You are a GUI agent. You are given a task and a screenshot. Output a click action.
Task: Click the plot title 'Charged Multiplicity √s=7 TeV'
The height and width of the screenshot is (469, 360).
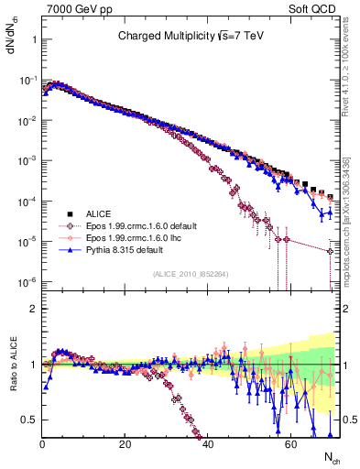[x=191, y=37]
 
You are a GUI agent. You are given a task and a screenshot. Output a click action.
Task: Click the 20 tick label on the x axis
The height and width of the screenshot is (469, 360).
[x=125, y=443]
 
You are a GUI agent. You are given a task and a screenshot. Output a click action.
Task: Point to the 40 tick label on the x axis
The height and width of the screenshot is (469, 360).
[x=207, y=443]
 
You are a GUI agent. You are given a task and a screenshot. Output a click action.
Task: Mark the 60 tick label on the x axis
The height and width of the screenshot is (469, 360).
[x=289, y=443]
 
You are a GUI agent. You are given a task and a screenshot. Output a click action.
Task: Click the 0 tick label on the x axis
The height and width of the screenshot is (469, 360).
[x=42, y=443]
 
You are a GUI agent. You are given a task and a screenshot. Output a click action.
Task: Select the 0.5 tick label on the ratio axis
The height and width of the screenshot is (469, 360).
[x=28, y=420]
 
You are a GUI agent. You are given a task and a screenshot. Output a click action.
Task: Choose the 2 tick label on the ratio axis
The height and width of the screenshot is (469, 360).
[x=33, y=310]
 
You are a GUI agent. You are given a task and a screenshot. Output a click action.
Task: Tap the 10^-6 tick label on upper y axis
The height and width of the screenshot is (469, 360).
[x=27, y=281]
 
